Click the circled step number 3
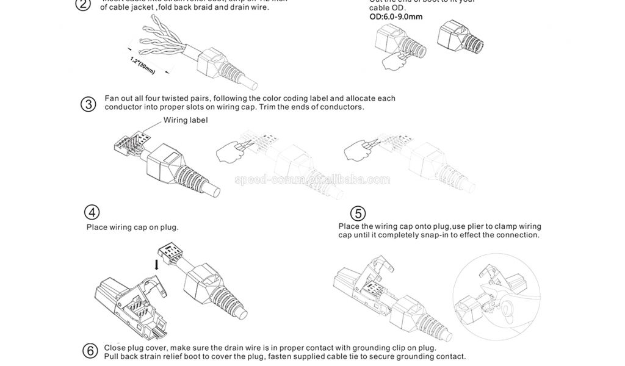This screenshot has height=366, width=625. pyautogui.click(x=89, y=104)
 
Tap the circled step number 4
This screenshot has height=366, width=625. pyautogui.click(x=92, y=213)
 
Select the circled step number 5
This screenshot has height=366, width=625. pyautogui.click(x=358, y=213)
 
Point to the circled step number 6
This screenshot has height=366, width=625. pyautogui.click(x=90, y=351)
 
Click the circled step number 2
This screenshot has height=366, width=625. pyautogui.click(x=82, y=5)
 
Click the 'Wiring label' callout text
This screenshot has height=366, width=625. pyautogui.click(x=185, y=120)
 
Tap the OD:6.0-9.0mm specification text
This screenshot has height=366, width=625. pyautogui.click(x=396, y=17)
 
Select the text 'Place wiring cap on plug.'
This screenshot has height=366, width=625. pyautogui.click(x=132, y=228)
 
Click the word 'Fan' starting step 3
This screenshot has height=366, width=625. pyautogui.click(x=111, y=98)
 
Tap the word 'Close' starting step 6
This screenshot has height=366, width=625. pyautogui.click(x=115, y=348)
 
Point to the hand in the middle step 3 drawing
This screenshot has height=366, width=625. pyautogui.click(x=229, y=152)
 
